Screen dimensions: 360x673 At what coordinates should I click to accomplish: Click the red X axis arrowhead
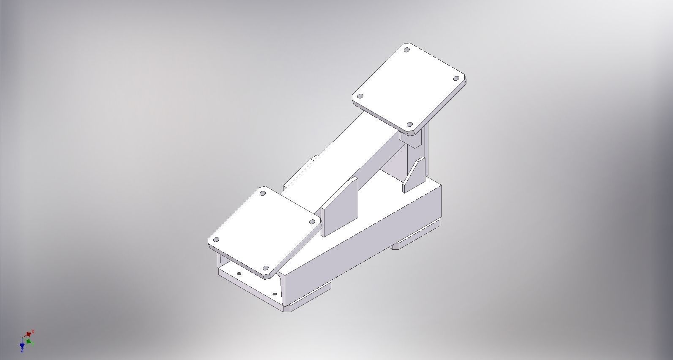pos(29,334)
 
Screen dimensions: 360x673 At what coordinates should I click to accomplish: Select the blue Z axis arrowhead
pos(22,345)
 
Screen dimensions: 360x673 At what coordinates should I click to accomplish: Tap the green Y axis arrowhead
pos(28,341)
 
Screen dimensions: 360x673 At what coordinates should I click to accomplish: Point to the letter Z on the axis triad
pos(22,350)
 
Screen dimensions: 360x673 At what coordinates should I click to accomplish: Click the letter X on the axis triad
pos(33,332)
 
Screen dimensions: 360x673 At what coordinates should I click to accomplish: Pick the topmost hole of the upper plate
pos(407,50)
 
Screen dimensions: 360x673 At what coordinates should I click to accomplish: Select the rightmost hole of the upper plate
pos(456,78)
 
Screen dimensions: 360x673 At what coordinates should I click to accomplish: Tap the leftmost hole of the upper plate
pos(360,96)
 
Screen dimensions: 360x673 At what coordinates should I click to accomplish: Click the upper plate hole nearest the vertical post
pos(409,125)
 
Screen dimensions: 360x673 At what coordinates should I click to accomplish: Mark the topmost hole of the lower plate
pos(262,193)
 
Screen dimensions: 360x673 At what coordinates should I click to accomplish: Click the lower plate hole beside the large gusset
pos(312,222)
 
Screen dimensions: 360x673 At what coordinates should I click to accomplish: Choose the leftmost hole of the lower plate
pos(216,240)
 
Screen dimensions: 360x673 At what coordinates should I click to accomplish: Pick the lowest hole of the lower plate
pos(265,268)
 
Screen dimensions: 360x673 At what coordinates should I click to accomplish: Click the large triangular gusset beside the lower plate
pos(339,207)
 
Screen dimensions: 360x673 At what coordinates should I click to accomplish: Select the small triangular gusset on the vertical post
pos(414,175)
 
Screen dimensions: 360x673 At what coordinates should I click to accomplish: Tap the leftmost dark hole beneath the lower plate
pos(239,273)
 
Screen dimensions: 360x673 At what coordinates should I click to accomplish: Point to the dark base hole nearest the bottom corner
pos(275,294)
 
